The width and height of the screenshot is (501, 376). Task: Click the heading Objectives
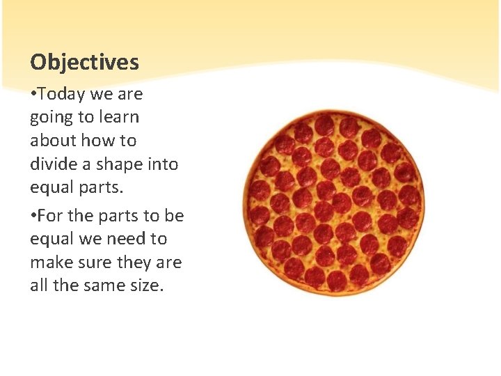(x=84, y=63)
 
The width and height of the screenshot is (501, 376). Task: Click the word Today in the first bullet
(x=58, y=93)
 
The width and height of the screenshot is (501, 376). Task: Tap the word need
(x=126, y=239)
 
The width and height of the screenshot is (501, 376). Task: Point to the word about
(x=53, y=141)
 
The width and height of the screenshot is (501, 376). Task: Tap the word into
(x=164, y=164)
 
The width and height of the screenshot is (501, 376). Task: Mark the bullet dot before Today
(x=33, y=94)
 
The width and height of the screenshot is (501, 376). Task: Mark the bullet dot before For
(x=33, y=216)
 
